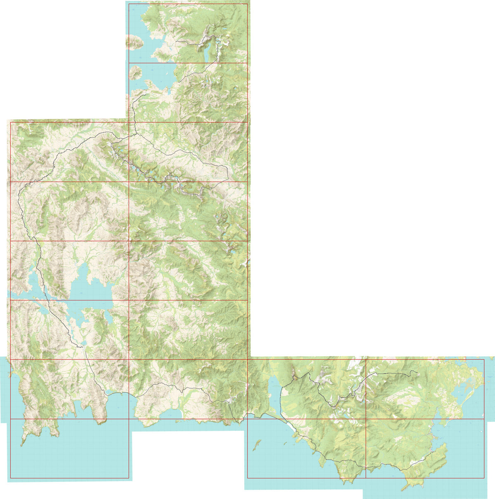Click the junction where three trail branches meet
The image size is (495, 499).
[133, 135]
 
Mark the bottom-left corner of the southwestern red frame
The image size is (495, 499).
[10, 478]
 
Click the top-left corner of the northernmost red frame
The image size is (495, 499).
[129, 4]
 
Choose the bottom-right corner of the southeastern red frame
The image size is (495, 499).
[484, 478]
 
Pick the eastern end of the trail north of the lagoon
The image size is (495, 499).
[417, 374]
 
